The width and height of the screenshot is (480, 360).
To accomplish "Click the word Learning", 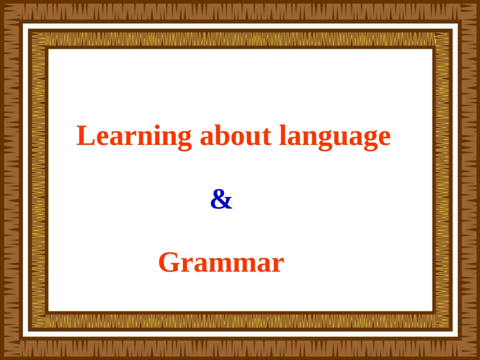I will pyautogui.click(x=134, y=136).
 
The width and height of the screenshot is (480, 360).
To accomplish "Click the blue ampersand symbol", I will pyautogui.click(x=221, y=200).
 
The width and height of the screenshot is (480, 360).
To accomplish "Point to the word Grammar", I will pyautogui.click(x=221, y=263).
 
